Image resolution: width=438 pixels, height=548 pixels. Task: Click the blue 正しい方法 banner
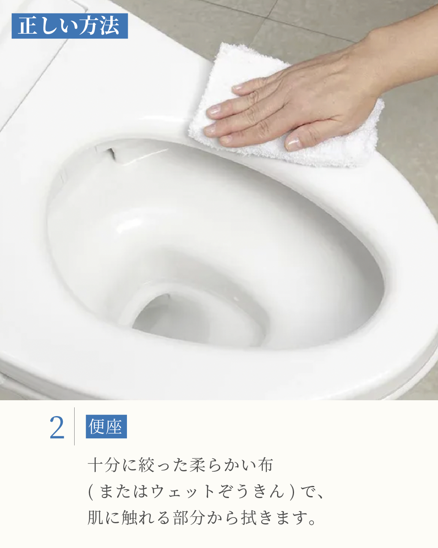(70, 26)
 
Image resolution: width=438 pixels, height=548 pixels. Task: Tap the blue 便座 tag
(106, 427)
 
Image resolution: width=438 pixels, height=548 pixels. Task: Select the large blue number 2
(57, 427)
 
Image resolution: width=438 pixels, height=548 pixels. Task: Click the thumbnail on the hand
(293, 143)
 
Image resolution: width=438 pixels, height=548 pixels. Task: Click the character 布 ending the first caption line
(266, 465)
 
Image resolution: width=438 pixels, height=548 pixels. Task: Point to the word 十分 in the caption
(103, 465)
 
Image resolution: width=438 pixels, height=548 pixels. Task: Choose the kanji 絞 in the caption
(146, 465)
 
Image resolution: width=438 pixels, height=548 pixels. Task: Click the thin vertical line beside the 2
(74, 427)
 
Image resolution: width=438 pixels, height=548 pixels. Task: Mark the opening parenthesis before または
(90, 492)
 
